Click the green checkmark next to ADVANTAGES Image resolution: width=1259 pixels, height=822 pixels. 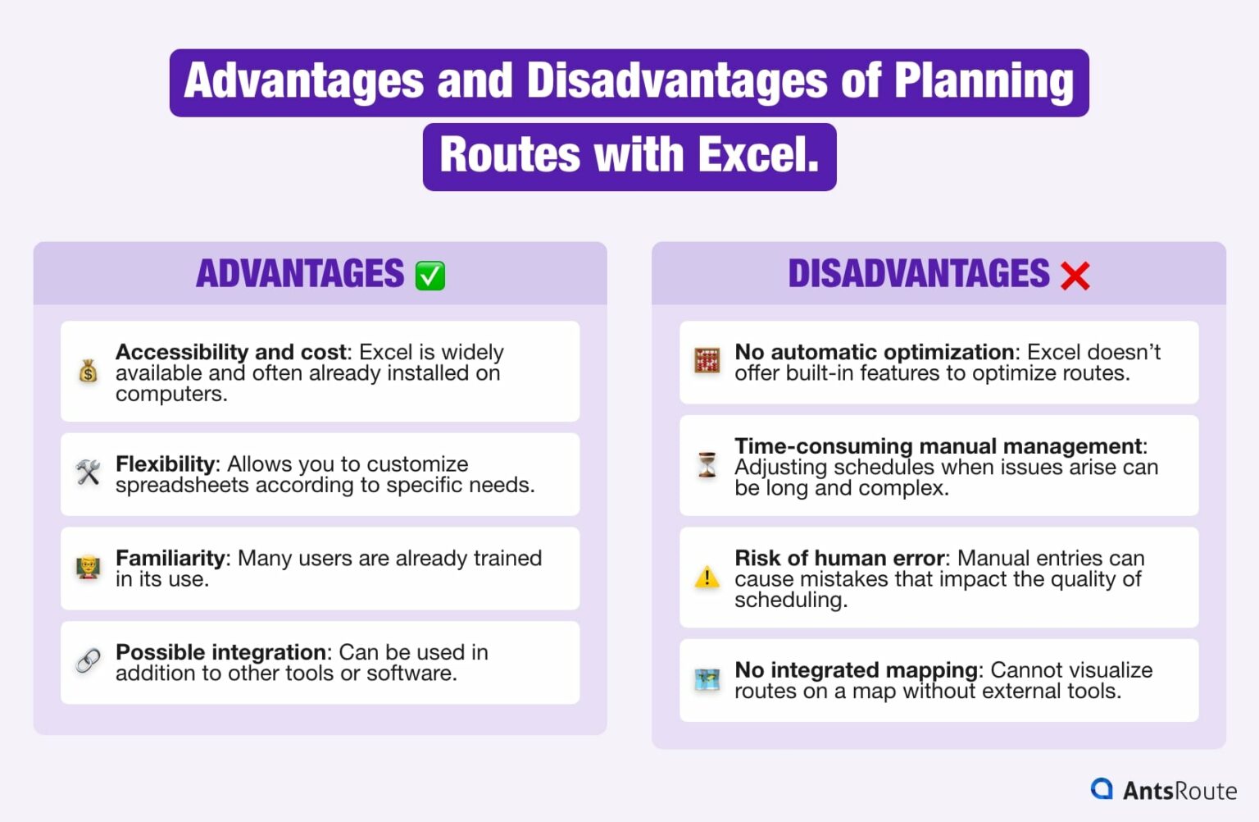[x=430, y=276]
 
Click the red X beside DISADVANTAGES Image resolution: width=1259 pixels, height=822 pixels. [x=1075, y=276]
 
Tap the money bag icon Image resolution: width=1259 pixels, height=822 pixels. [x=89, y=372]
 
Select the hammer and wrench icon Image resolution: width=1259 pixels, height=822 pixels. [x=89, y=473]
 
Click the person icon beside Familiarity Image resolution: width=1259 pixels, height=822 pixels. [x=89, y=567]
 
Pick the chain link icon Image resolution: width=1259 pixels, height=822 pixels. [x=89, y=660]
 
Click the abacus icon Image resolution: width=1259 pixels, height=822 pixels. [x=707, y=361]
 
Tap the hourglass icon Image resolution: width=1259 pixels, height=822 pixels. [x=707, y=465]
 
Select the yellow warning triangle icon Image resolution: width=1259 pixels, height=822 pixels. [x=707, y=578]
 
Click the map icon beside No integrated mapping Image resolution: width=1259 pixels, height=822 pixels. [x=707, y=679]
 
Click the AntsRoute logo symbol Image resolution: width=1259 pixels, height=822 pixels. [x=1102, y=789]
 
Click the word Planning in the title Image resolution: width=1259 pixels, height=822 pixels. [x=984, y=81]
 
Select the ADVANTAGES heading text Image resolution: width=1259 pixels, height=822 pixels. [x=300, y=274]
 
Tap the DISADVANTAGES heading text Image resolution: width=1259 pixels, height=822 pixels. [x=918, y=274]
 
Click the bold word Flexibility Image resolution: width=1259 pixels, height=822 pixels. [x=166, y=464]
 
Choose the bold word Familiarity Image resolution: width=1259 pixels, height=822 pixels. [x=170, y=559]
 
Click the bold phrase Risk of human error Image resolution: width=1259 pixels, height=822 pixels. [x=839, y=559]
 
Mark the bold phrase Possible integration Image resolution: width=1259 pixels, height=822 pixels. [x=221, y=652]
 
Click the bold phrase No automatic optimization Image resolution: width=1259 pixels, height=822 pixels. [x=874, y=352]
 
